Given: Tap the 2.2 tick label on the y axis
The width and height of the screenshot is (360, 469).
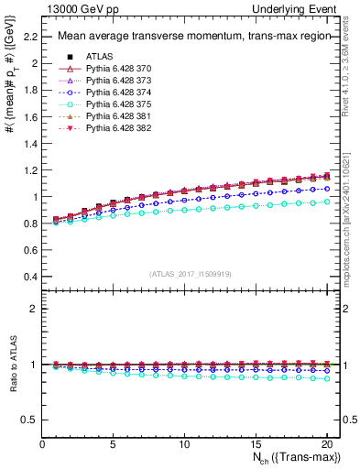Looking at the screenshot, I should (x=29, y=37).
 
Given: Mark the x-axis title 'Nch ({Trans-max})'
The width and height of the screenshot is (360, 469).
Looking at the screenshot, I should (x=292, y=458).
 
